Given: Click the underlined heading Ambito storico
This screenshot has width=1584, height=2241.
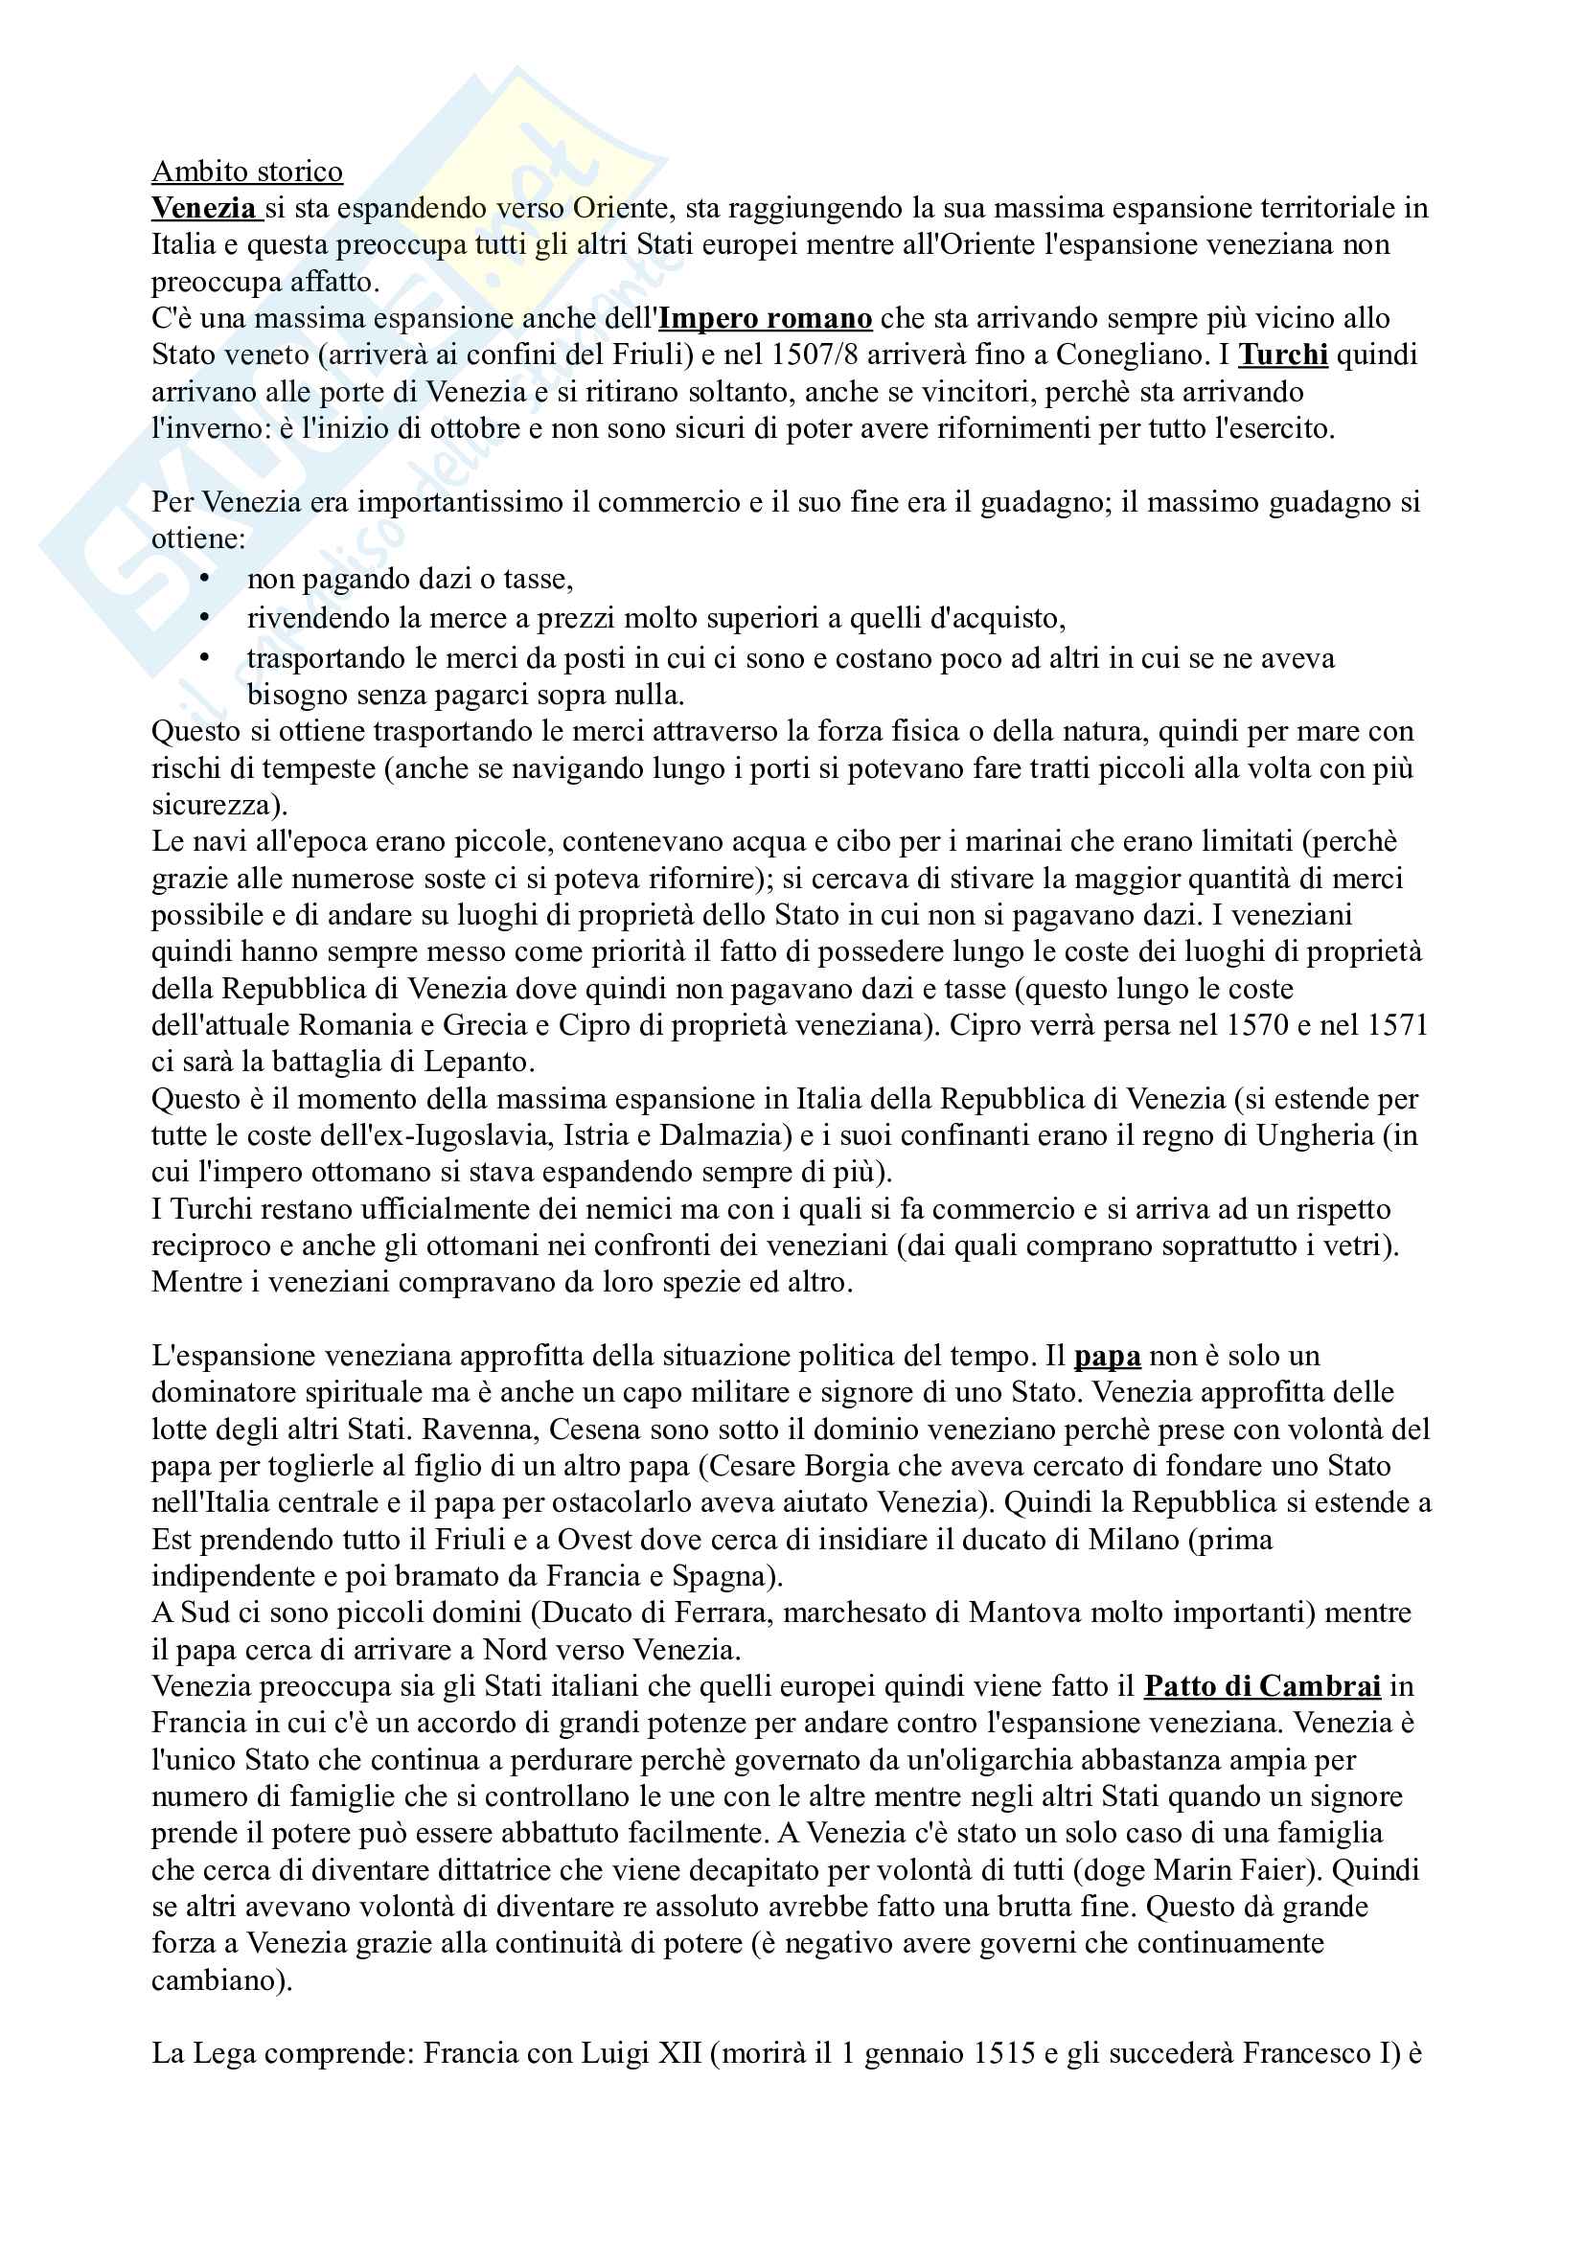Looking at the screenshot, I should coord(247,172).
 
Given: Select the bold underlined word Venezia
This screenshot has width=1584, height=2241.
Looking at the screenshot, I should coord(204,208).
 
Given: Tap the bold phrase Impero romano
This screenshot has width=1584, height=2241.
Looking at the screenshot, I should coord(765,318).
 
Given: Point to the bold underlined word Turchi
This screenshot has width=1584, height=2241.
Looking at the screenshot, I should coord(1282,354).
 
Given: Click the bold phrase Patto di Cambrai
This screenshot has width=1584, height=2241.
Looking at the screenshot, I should coord(1262,1685).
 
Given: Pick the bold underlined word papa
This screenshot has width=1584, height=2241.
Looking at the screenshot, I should coord(1107,1356).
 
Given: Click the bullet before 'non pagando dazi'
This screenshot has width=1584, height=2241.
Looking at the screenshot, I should coord(204,579).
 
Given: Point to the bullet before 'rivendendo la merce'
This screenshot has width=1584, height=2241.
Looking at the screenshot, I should coord(204,618).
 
